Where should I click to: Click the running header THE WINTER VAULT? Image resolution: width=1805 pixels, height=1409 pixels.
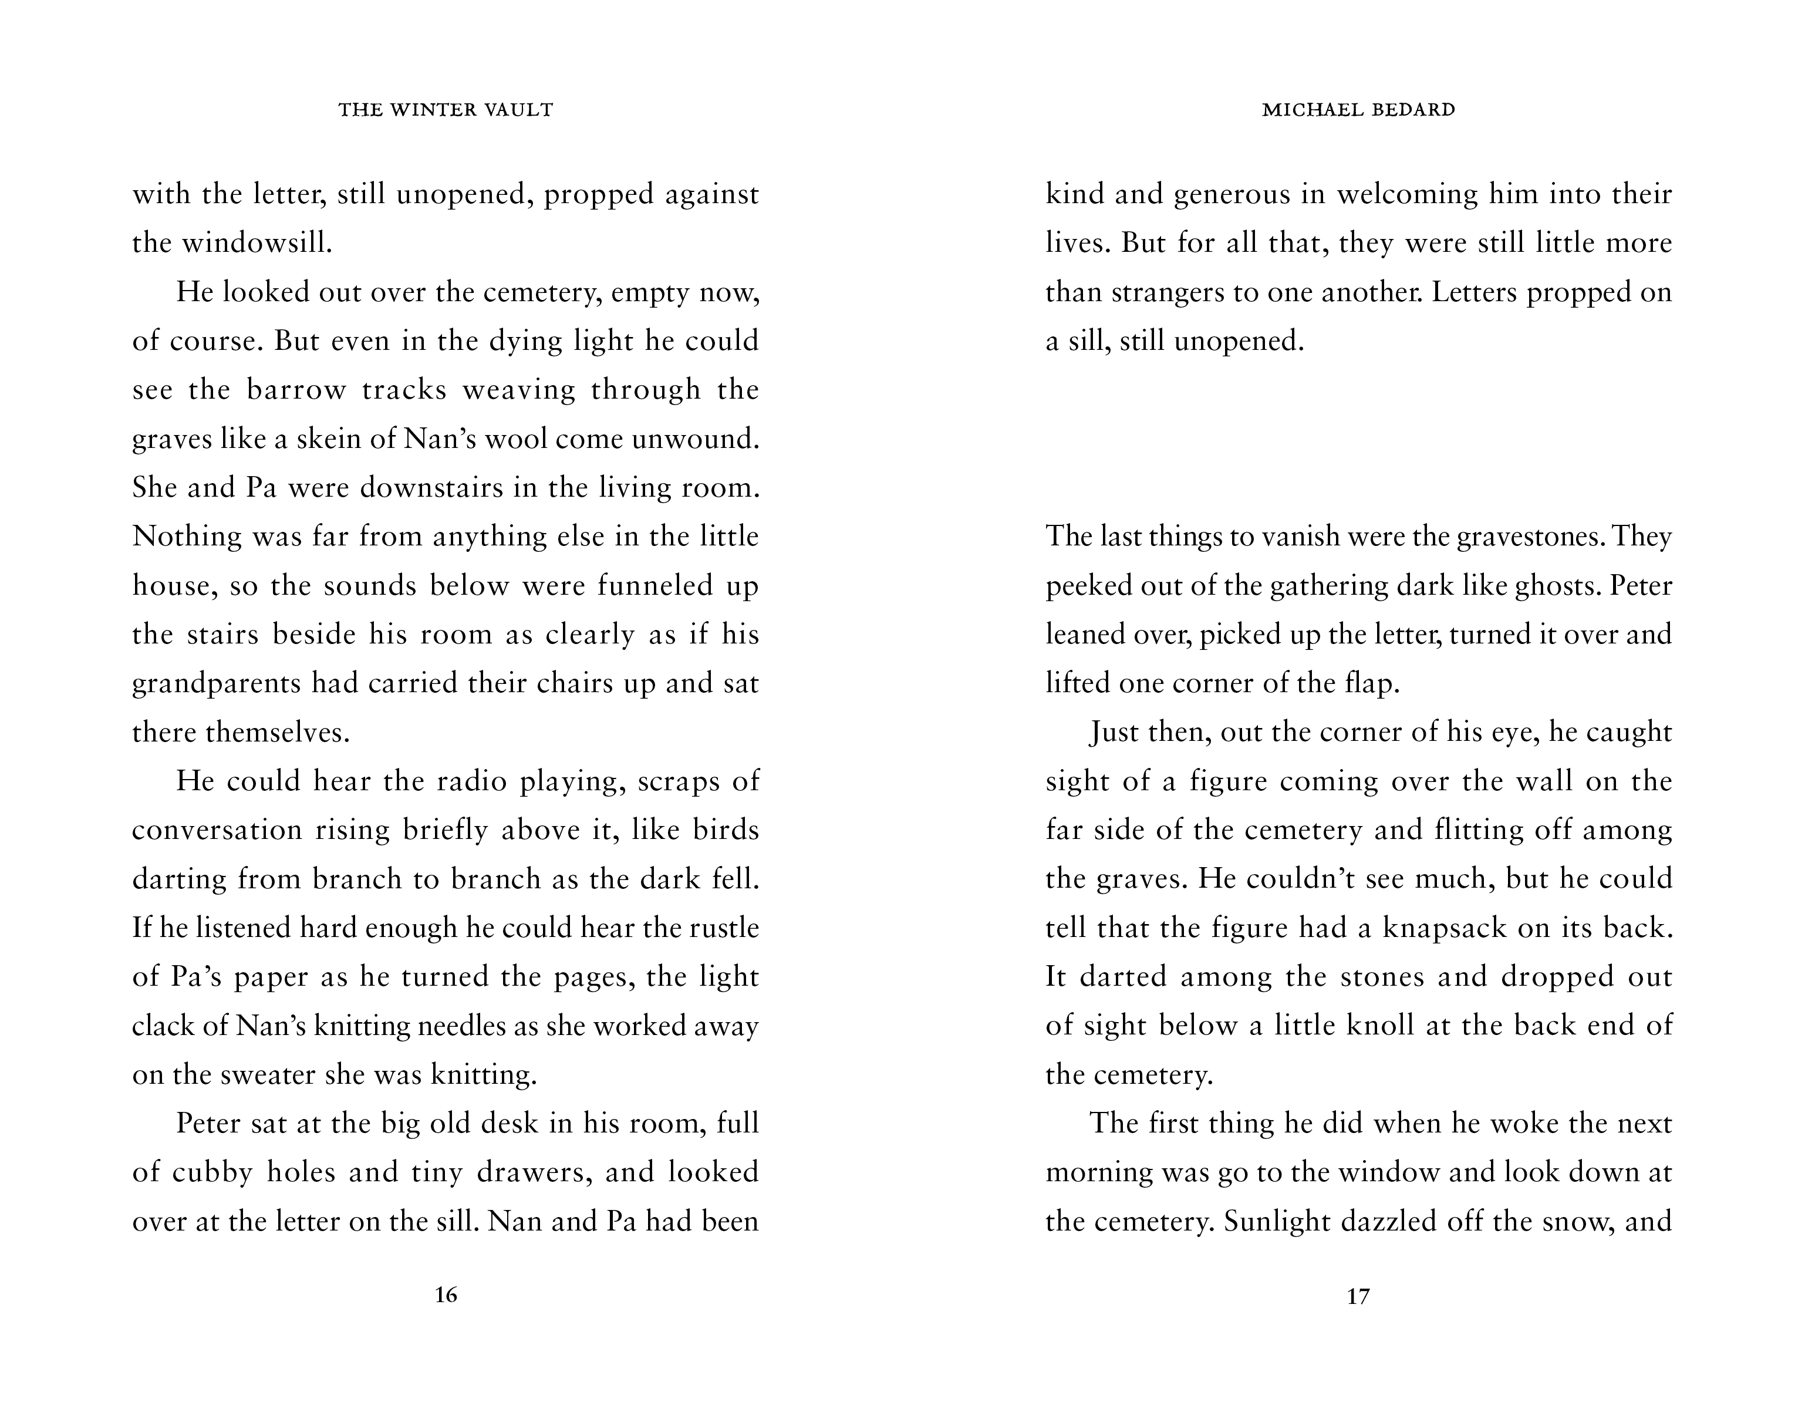pos(446,110)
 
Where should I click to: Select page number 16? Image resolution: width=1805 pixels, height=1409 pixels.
pos(446,1295)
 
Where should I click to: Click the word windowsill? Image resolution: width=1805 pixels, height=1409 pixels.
pos(255,243)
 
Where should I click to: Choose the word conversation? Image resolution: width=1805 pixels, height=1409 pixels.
pos(217,830)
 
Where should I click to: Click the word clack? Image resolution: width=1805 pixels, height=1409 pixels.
pos(161,1026)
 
